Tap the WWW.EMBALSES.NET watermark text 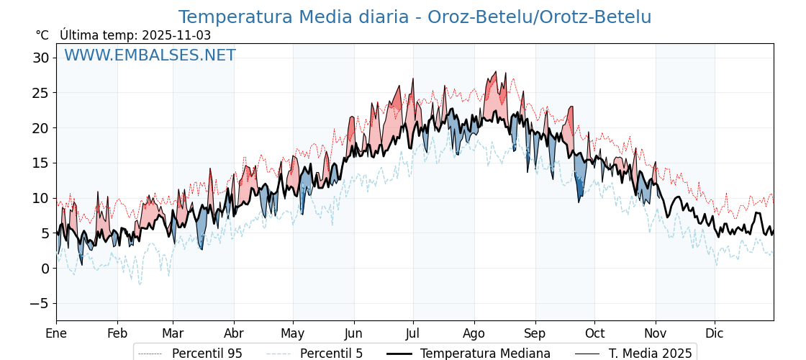click(150, 55)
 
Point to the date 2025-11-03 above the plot click(176, 35)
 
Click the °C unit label click(42, 35)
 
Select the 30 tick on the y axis click(40, 58)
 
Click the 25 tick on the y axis click(40, 93)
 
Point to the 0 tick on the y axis click(45, 269)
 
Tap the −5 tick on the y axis click(39, 304)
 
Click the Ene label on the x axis click(56, 333)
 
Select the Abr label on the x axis click(234, 333)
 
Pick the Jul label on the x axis click(413, 333)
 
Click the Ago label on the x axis click(474, 333)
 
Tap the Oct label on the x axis click(594, 333)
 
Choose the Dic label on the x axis click(715, 333)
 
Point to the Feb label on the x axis click(117, 333)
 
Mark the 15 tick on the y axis click(40, 163)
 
